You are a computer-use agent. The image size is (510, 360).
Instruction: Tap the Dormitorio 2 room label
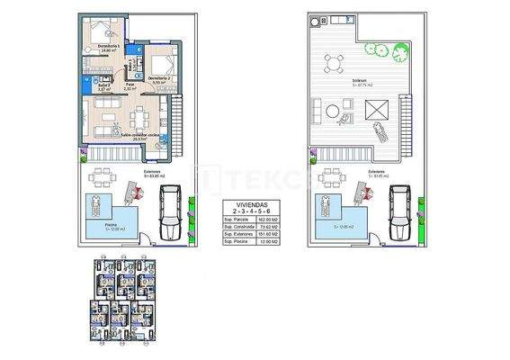(158, 80)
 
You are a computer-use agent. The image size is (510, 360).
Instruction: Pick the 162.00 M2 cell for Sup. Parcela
(269, 219)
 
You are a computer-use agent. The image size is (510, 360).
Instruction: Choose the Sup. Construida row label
(238, 227)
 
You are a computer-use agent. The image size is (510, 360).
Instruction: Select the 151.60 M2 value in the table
(269, 235)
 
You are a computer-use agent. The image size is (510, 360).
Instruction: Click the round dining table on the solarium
(334, 63)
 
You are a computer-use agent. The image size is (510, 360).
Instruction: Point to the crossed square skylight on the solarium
(379, 110)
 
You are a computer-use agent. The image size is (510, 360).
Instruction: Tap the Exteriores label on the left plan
(128, 171)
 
